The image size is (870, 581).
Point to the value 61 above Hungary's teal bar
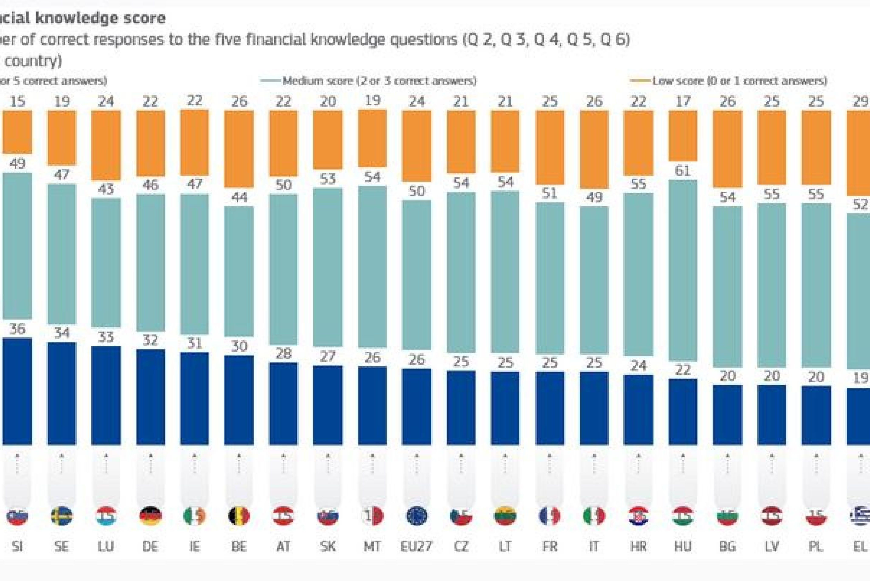682,171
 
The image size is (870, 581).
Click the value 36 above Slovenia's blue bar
17,329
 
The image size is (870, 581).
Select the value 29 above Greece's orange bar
860,101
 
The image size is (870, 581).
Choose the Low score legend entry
739,81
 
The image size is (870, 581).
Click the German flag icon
150,516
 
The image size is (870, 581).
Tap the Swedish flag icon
62,516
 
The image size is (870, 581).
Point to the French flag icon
549,516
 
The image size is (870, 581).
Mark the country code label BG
727,546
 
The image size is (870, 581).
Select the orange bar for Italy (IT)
594,149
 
